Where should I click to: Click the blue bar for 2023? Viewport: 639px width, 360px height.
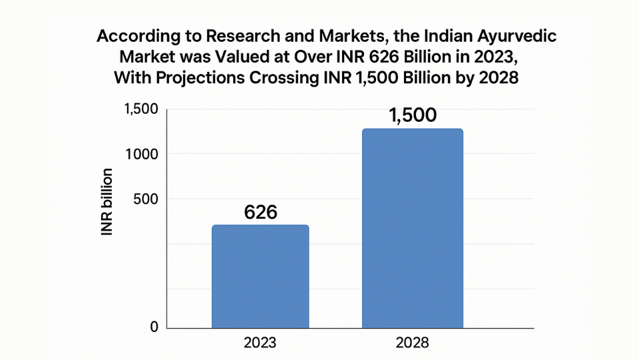coord(260,276)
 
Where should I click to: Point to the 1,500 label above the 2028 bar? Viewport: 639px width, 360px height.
coord(412,115)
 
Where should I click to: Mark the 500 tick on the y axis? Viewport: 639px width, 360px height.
coord(145,199)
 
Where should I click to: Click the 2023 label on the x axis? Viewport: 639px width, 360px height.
coord(260,343)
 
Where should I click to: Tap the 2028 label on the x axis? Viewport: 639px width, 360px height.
coord(412,343)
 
